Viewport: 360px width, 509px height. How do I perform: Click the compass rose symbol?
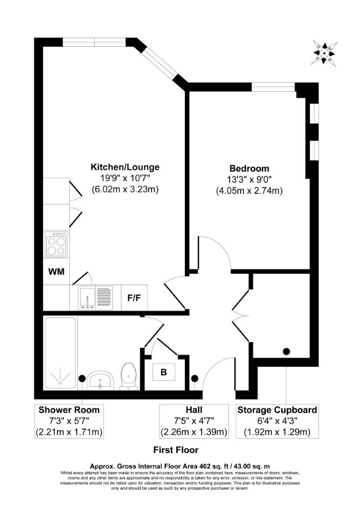(325, 52)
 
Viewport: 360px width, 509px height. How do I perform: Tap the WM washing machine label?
(56, 271)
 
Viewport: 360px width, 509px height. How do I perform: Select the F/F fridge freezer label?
(134, 297)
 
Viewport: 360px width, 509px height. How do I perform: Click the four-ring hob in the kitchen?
(56, 244)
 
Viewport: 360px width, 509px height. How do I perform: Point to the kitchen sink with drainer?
(96, 297)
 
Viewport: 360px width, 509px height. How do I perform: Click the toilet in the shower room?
(128, 376)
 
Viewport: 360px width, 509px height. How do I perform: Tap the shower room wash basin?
(100, 381)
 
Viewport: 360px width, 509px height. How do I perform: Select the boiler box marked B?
(163, 372)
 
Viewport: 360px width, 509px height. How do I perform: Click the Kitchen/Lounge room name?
(125, 167)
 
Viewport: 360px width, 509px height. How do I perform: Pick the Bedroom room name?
(249, 169)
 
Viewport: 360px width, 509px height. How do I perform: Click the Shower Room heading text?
(69, 410)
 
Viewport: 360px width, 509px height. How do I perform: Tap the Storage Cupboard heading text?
(277, 410)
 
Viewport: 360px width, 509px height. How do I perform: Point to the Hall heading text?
(194, 410)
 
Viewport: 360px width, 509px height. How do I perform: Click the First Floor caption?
(176, 450)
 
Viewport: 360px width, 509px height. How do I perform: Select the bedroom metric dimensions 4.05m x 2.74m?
(249, 191)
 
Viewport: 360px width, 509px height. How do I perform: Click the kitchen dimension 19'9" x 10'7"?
(125, 178)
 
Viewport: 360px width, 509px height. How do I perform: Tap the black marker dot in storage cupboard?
(286, 351)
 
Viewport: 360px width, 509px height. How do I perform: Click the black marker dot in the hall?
(195, 378)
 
